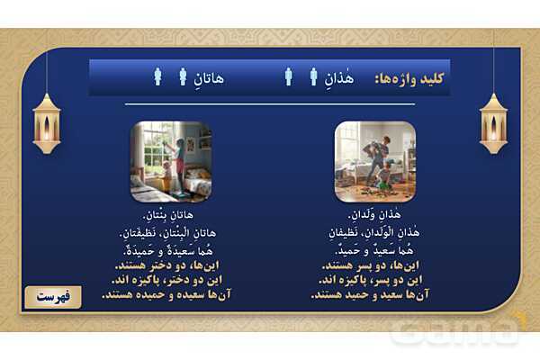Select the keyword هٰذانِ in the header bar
[x=337, y=78]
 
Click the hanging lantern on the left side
[x=46, y=122]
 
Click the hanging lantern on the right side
[x=493, y=122]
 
